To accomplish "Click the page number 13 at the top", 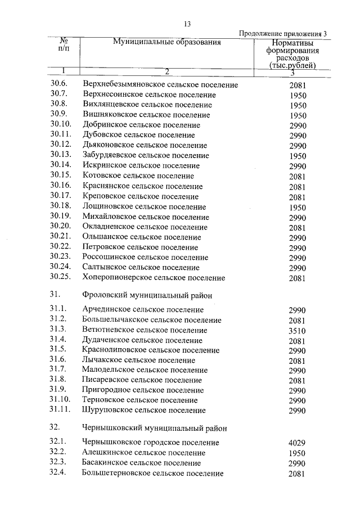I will [188, 23].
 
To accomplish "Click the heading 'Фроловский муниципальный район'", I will [147, 294].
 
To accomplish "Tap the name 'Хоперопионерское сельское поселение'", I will [154, 278].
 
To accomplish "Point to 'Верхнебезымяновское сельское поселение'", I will [160, 85].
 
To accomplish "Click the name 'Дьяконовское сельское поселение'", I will [145, 146].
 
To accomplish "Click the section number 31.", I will [55, 294].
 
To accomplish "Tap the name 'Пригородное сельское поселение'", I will [143, 390].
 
